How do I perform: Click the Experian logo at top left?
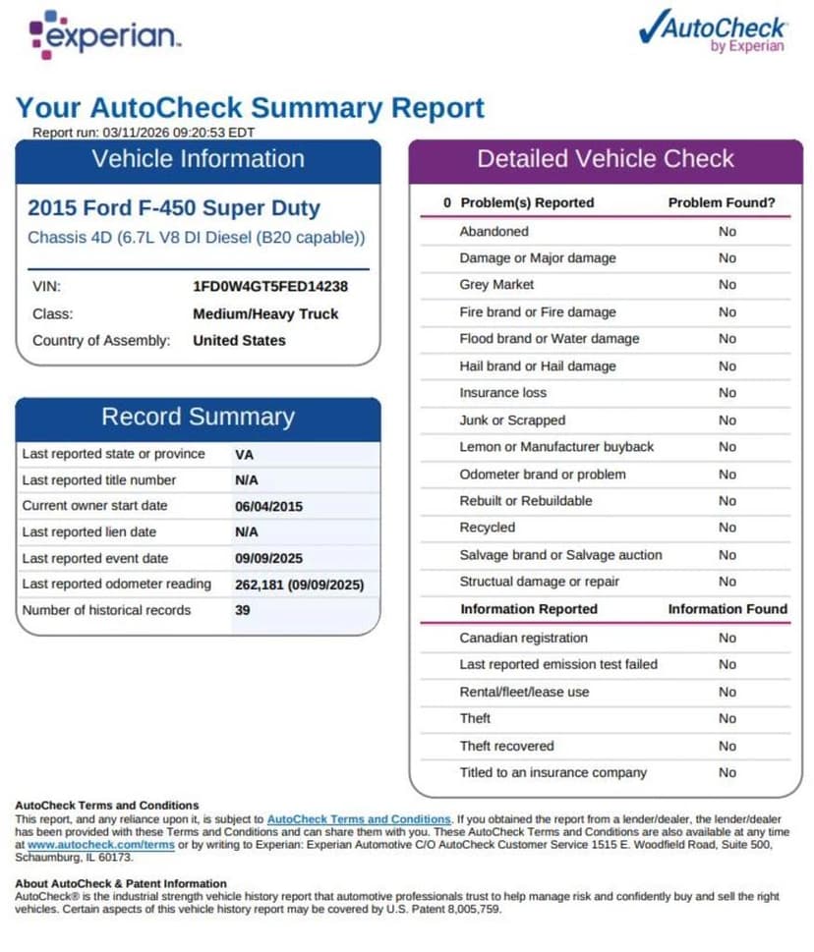coord(103,36)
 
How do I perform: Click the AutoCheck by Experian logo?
coord(714,31)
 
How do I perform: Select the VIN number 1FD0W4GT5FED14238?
coord(270,287)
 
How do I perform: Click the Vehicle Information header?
coord(198,159)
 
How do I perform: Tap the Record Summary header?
coord(198,417)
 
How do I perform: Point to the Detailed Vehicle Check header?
coord(605,159)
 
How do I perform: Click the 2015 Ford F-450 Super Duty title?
coord(174,208)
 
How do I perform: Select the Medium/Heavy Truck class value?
coord(265,314)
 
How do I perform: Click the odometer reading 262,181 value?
coord(299,585)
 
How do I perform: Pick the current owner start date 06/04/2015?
coord(268,506)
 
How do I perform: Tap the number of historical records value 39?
coord(243,610)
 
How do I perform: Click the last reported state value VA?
coord(245,455)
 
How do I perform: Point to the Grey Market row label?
coord(496,285)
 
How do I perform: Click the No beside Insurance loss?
coord(727,393)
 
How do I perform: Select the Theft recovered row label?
coord(506,746)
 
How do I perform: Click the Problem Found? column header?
coord(722,203)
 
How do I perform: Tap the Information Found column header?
coord(727,609)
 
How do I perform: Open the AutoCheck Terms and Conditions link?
coord(359,818)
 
